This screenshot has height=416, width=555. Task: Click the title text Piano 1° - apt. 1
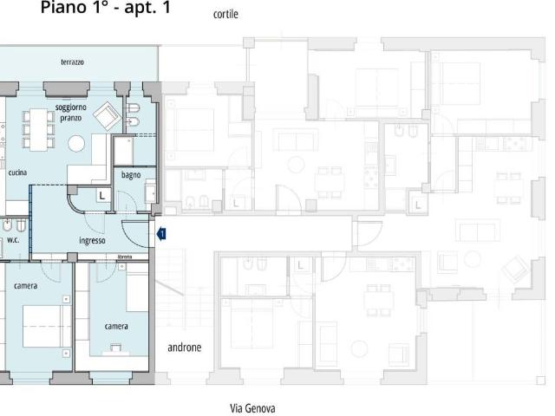pos(106,8)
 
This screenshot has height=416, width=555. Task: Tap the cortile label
pos(225,14)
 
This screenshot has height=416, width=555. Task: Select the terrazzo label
pos(72,62)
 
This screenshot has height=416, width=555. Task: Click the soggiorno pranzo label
pos(71,113)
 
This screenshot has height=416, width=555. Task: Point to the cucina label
pos(17,172)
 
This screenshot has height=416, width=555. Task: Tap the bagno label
pos(131,175)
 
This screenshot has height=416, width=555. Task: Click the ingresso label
pos(92,241)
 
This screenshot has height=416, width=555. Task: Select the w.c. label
pos(13,240)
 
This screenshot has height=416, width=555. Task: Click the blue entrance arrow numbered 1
pos(161,234)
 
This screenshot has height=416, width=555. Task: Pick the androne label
pos(185,348)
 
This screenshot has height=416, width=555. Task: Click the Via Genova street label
pos(252,408)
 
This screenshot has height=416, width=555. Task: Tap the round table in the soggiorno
pos(76,144)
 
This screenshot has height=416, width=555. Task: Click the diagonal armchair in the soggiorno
pos(108,116)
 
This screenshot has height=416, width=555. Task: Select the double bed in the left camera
pos(47,326)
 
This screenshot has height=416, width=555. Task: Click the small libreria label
pos(125,257)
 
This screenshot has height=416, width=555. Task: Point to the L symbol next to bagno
pos(102,196)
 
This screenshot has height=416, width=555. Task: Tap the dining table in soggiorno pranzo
pos(38,130)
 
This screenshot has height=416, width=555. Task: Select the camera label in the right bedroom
pos(116,326)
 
